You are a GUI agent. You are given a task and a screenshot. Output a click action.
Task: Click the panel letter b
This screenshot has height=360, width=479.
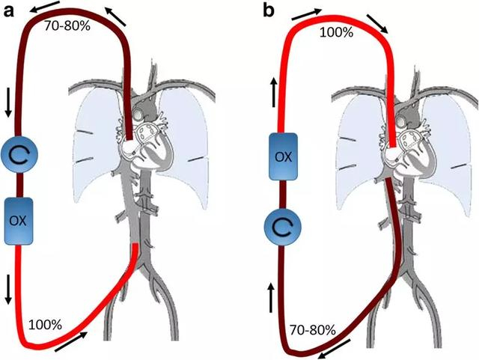click(x=268, y=10)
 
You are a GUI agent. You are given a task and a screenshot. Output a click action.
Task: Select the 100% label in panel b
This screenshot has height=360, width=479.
click(x=337, y=31)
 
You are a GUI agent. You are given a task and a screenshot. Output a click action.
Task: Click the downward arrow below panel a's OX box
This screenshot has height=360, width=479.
click(x=9, y=289)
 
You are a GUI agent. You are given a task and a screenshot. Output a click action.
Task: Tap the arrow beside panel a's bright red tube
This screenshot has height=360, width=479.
click(x=76, y=344)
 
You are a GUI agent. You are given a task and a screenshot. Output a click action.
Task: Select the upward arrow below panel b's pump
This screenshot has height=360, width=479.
click(x=271, y=299)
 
